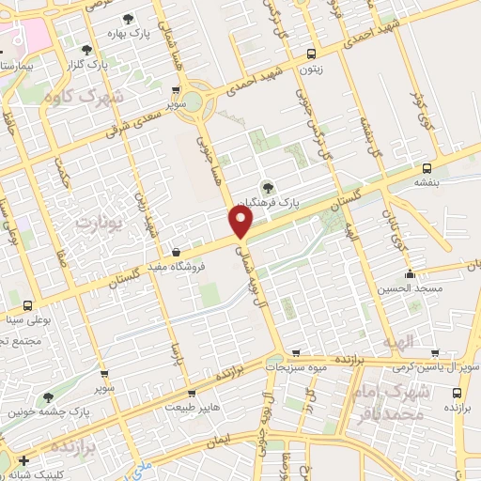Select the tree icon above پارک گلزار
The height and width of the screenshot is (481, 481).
(87, 49)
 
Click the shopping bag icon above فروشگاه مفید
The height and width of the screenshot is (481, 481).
(176, 251)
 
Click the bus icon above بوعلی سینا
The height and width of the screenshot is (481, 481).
(25, 305)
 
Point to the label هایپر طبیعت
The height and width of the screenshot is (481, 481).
(192, 408)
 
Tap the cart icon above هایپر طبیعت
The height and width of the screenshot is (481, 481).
(192, 394)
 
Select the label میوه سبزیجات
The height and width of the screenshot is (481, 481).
(297, 367)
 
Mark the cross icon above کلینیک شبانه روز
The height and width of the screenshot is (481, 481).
(24, 460)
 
